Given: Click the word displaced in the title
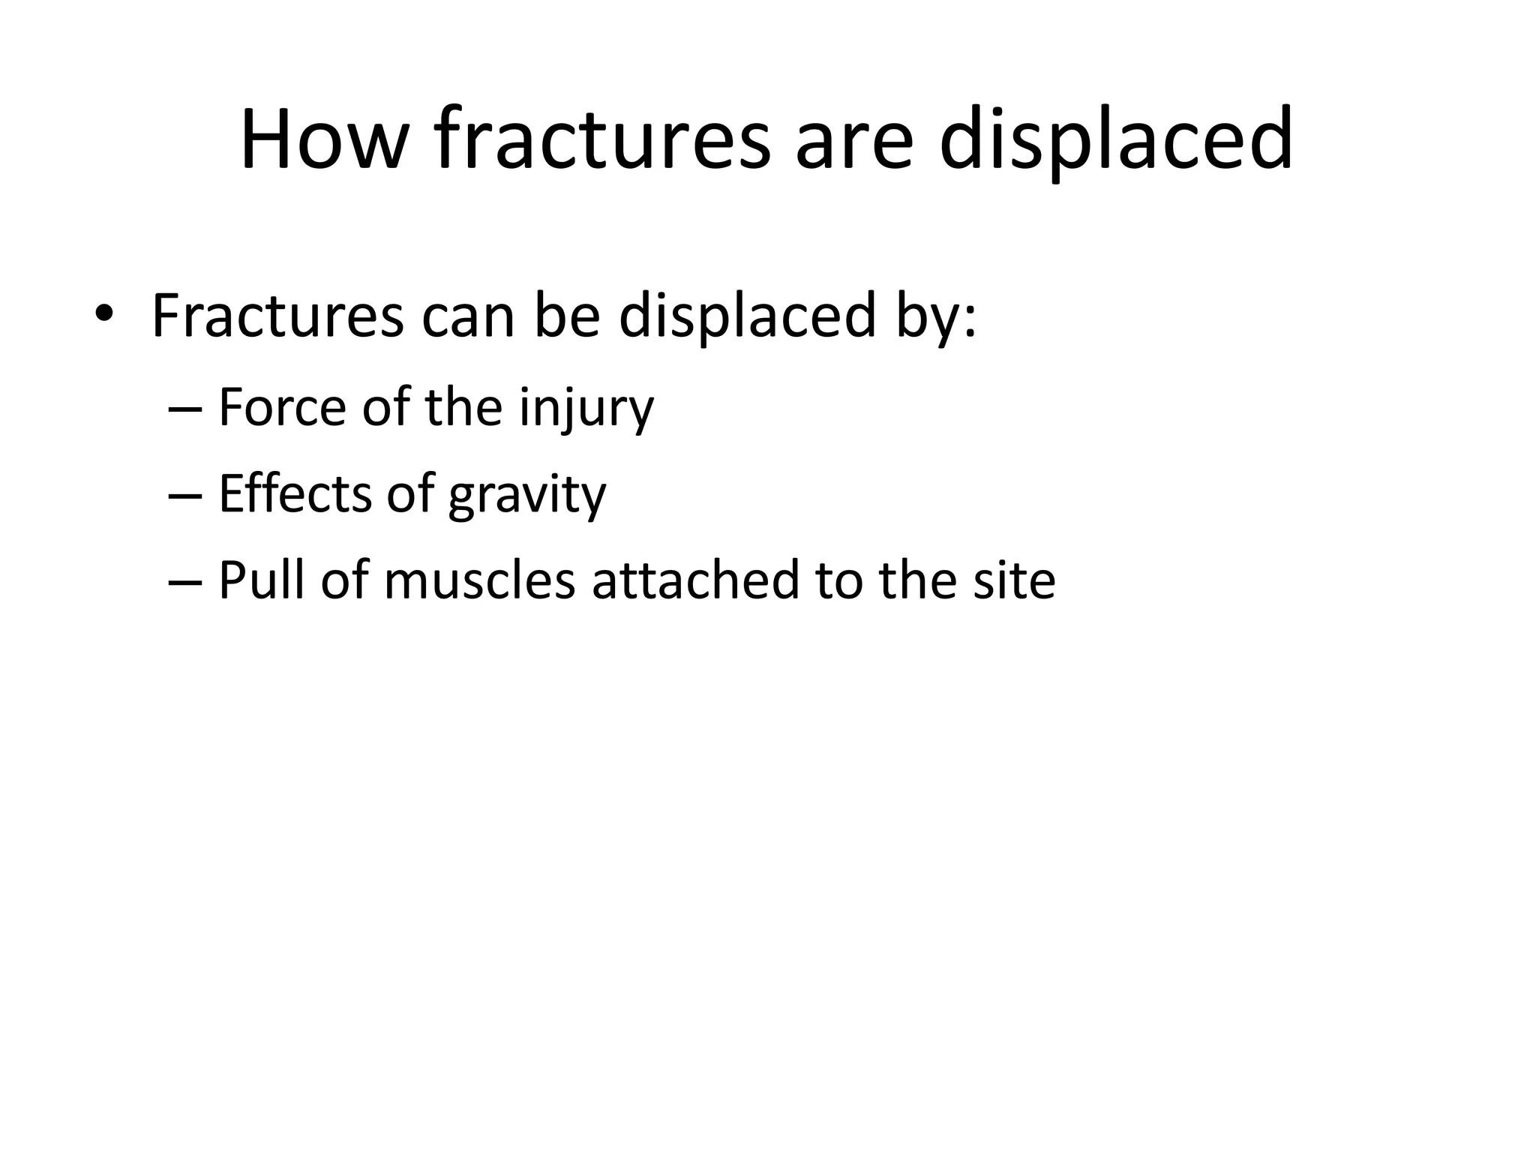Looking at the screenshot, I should (1115, 140).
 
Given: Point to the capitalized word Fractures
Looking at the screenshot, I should (277, 315).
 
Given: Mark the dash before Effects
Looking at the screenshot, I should (186, 495).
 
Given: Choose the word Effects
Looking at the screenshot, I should (295, 495).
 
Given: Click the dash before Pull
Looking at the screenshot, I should (186, 581).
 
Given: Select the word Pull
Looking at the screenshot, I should (262, 581).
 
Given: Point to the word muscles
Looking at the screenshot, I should (479, 581).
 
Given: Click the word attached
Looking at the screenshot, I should (696, 581).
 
